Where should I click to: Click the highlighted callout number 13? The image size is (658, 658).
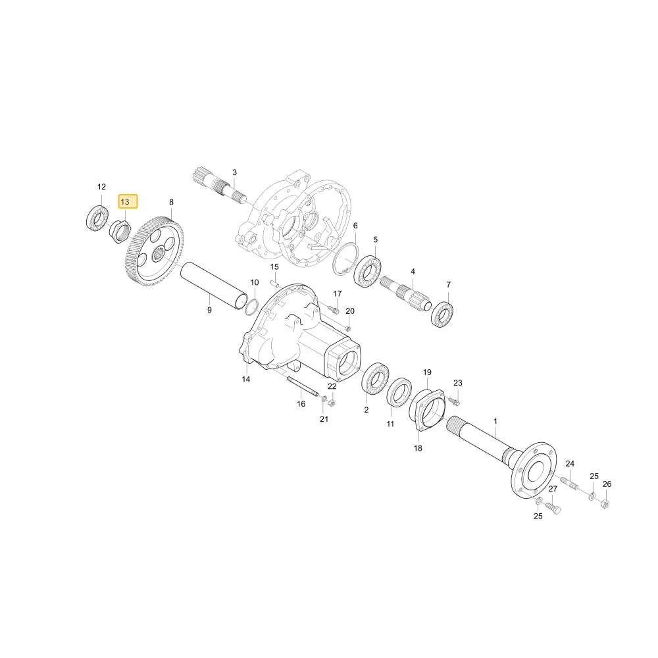click(125, 202)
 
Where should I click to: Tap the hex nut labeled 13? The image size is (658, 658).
click(120, 232)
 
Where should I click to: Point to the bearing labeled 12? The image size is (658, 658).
click(97, 218)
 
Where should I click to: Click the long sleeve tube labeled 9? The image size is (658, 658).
click(214, 286)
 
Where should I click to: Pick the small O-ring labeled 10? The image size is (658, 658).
click(252, 307)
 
